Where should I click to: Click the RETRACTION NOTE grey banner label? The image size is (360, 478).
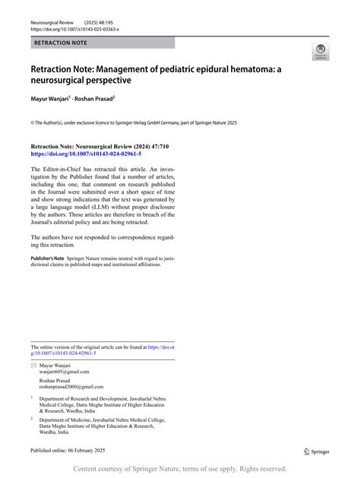point(61,43)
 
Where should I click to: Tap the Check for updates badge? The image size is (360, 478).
point(320,51)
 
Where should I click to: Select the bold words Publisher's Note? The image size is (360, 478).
point(46,259)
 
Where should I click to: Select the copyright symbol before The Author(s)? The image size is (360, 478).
point(33,121)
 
